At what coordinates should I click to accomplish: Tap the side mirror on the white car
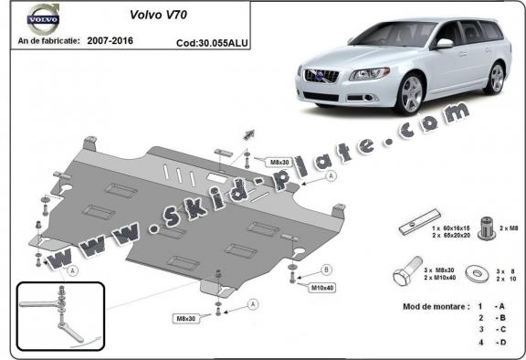(x=444, y=43)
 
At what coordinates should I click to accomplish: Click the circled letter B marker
(x=327, y=270)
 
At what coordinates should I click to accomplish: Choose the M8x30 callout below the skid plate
(x=188, y=318)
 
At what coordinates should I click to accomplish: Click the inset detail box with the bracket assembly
(x=58, y=316)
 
